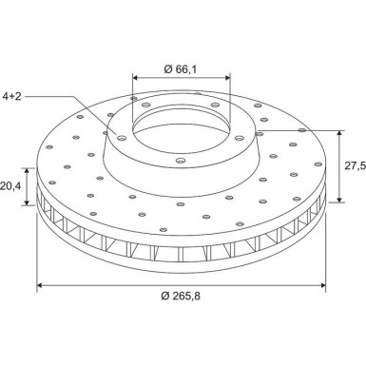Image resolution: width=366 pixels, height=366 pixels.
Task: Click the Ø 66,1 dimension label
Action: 181,68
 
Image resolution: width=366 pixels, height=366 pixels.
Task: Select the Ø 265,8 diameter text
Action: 181,296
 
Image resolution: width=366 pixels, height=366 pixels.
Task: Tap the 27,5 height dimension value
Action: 355,165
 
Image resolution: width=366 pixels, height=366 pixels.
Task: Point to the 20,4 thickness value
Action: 10,186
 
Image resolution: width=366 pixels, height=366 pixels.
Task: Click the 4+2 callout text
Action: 11,96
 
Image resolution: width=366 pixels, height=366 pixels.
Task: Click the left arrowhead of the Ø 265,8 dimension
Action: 40,286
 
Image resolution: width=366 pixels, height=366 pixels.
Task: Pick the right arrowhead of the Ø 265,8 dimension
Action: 323,286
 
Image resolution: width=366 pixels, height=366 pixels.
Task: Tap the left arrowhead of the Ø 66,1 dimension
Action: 135,77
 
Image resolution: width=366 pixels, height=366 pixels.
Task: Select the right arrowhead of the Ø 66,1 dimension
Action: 227,77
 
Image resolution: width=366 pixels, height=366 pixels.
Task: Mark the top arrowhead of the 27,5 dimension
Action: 339,133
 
